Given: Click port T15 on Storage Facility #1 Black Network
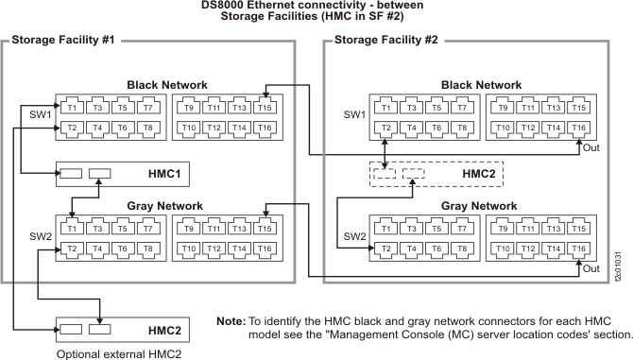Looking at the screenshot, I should click(x=266, y=108).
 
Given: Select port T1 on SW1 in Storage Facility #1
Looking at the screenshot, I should click(x=72, y=108).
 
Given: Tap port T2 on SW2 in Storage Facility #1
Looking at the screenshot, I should click(x=72, y=249).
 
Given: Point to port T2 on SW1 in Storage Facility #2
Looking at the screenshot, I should click(x=385, y=128).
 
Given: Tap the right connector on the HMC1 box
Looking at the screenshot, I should click(x=99, y=174).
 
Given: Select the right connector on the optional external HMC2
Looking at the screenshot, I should click(x=99, y=330).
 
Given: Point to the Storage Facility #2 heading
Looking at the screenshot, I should click(x=386, y=41).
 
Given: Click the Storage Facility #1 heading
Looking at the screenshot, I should click(x=61, y=41).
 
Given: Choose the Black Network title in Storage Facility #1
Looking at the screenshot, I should click(x=167, y=85).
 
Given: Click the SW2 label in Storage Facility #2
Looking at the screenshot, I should click(x=354, y=236).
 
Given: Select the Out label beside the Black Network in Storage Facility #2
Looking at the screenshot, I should click(x=591, y=147).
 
